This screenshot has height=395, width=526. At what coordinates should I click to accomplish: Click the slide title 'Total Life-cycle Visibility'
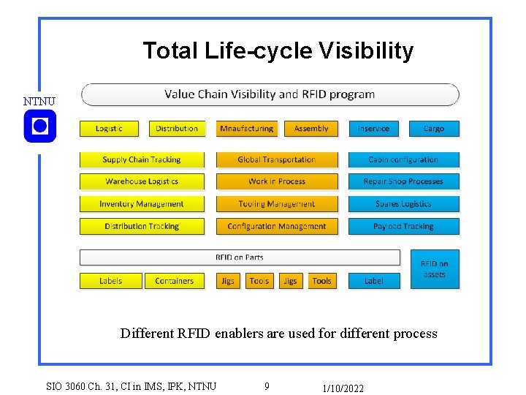coord(278,51)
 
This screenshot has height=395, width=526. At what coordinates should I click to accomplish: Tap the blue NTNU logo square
coord(39,127)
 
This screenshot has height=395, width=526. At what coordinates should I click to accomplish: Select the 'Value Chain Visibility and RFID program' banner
coord(270,94)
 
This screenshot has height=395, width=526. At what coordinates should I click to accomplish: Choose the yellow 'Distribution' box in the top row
coord(177,129)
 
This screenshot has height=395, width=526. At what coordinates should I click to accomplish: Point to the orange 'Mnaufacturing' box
coord(246,129)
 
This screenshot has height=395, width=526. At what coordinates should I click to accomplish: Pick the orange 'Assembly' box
coord(311,129)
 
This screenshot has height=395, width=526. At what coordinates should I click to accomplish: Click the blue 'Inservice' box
coord(373,129)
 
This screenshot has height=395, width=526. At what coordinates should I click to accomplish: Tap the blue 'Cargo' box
coord(434,129)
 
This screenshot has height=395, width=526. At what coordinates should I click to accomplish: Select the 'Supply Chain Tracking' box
coord(142,159)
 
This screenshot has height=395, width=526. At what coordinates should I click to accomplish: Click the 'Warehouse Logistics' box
coord(142,181)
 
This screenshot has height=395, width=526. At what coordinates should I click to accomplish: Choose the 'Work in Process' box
coord(277,181)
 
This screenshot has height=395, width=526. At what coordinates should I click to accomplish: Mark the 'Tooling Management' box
coord(277,204)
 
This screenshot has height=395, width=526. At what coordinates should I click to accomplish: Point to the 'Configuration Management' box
coord(277,227)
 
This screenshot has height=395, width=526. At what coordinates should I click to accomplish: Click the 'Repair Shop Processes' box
coord(403,181)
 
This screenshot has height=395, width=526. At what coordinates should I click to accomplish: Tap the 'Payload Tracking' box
coord(403,227)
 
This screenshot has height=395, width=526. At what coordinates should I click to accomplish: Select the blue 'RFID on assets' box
coord(434,269)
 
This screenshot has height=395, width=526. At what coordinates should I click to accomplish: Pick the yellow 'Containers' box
coord(175,281)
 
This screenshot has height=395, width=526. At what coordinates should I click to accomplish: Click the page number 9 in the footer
coord(267,386)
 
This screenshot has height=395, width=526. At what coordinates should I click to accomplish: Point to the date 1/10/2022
coord(343,388)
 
